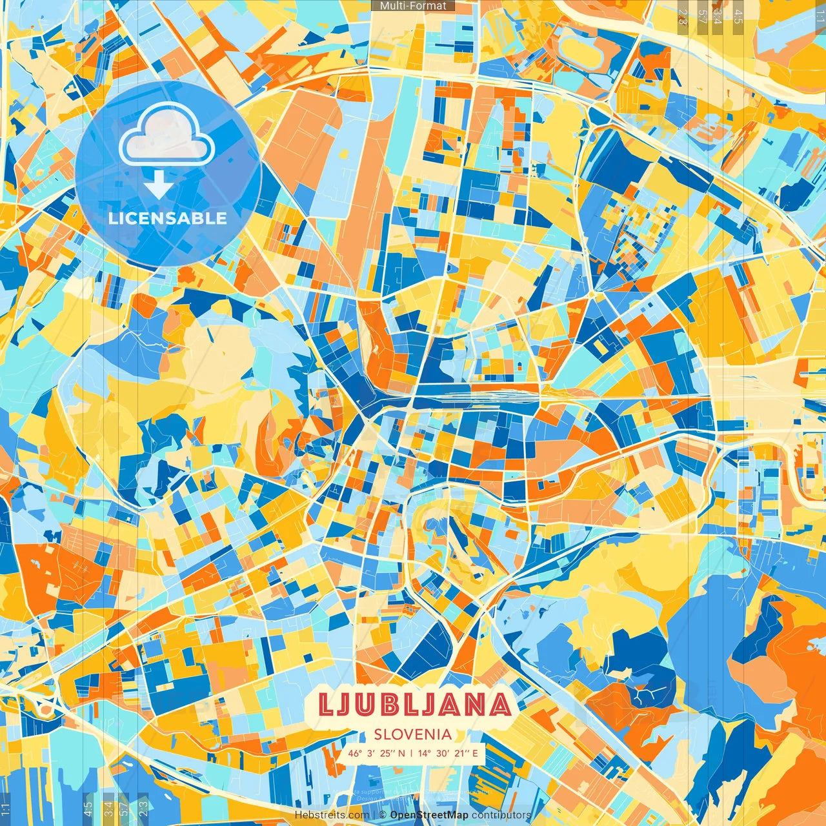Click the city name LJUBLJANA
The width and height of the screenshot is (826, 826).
416,705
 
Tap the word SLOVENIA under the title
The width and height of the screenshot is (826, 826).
413,734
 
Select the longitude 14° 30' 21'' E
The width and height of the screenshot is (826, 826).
448,753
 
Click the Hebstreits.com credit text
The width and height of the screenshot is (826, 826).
332,815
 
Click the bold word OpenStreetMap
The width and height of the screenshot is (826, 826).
429,815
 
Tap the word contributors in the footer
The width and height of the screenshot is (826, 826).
501,815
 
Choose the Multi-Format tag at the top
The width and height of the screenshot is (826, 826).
413,6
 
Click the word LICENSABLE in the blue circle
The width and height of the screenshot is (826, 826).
168,218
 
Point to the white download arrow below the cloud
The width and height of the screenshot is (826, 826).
158,185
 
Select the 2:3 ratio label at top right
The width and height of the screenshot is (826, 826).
683,17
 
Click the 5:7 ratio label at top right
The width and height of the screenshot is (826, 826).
702,17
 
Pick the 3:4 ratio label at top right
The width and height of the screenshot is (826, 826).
718,17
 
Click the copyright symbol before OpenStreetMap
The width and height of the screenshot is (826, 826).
383,815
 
